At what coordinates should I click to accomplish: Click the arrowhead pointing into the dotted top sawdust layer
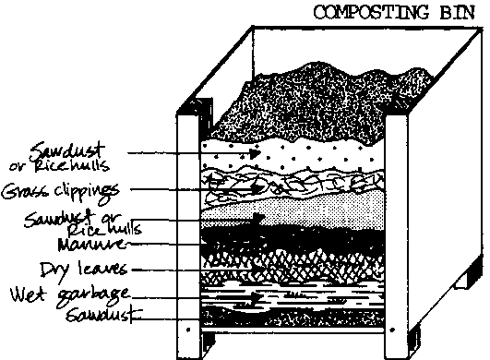[206, 149]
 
